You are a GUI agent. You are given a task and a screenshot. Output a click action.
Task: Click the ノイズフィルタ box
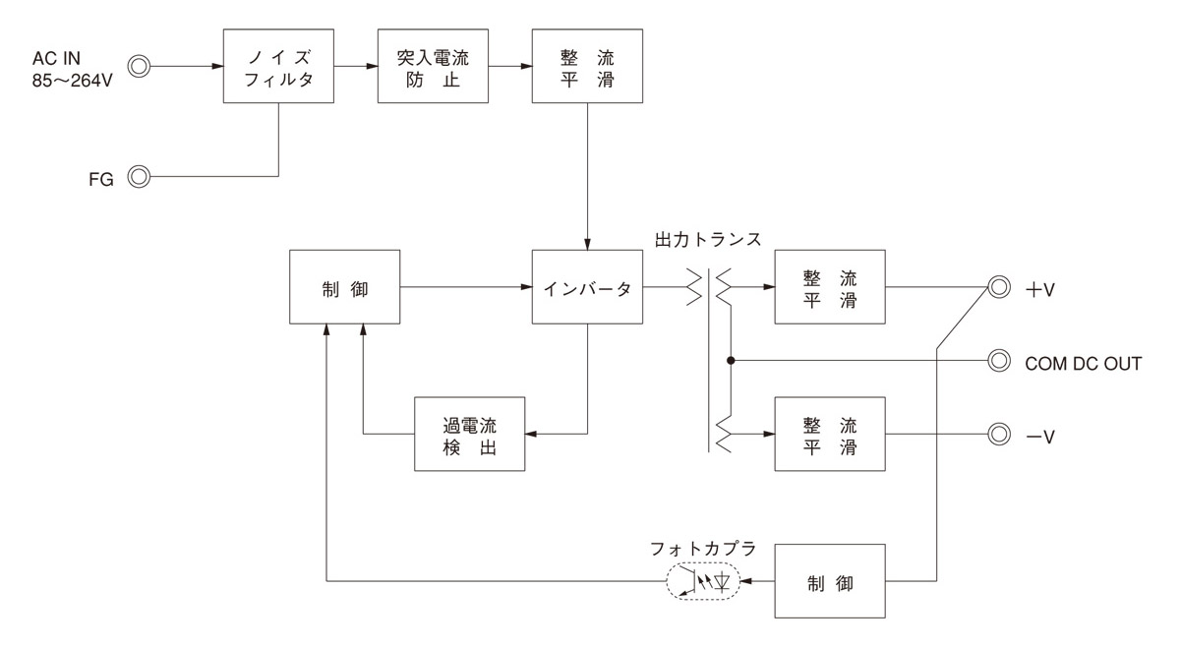pos(278,67)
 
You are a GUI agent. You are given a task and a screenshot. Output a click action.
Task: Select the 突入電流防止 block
pos(434,67)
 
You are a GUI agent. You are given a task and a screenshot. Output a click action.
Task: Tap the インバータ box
pos(587,288)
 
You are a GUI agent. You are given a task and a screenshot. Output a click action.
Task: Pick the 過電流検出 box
pos(469,434)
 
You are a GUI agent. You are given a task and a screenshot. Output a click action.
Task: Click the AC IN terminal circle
pos(140,67)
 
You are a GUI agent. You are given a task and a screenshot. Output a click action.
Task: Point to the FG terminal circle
pos(140,177)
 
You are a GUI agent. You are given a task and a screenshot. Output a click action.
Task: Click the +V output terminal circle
pos(999,288)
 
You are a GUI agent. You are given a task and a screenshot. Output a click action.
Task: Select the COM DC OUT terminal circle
pos(999,361)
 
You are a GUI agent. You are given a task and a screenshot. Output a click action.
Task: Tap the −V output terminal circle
pos(999,434)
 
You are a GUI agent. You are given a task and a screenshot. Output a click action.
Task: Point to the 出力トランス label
pos(707,239)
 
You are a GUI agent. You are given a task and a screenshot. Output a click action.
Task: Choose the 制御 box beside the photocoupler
pos(830,581)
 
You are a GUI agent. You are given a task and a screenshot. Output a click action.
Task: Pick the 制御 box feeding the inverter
pos(345,288)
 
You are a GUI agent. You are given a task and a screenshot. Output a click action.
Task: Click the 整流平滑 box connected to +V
pos(830,288)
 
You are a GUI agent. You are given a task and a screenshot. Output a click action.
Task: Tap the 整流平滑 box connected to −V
pos(830,434)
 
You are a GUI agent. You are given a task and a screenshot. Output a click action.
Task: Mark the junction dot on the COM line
pos(731,361)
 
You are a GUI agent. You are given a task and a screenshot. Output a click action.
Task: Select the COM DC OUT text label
pos(1083,363)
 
